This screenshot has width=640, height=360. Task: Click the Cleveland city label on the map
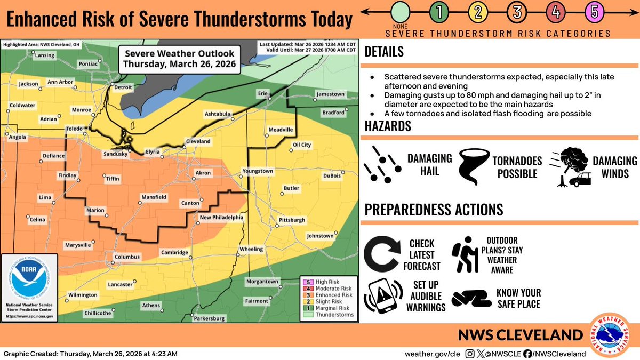197,141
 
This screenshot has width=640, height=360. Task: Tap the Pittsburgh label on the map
292,220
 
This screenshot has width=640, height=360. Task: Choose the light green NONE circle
400,12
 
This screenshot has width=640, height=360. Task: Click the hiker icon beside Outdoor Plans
465,255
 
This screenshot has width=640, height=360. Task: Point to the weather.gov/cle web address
431,353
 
